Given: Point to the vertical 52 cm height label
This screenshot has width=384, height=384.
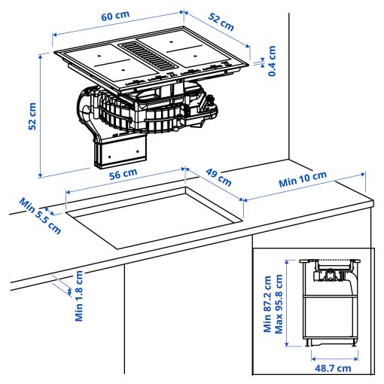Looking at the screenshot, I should point(32,117).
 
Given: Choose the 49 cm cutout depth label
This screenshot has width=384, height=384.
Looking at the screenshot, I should point(218,178).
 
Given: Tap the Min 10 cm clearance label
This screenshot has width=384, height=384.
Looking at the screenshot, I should point(303,181).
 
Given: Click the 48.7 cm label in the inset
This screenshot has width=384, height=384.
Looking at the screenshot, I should point(332,368).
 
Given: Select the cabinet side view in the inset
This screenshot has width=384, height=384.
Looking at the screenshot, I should point(331,316).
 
